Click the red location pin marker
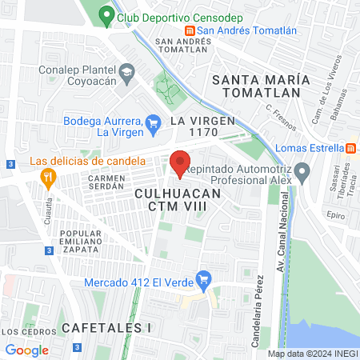[181, 162]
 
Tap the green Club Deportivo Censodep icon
[106, 15]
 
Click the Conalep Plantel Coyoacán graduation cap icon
[126, 74]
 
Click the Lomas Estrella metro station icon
[350, 148]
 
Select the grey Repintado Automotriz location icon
[302, 171]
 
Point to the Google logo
[27, 350]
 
